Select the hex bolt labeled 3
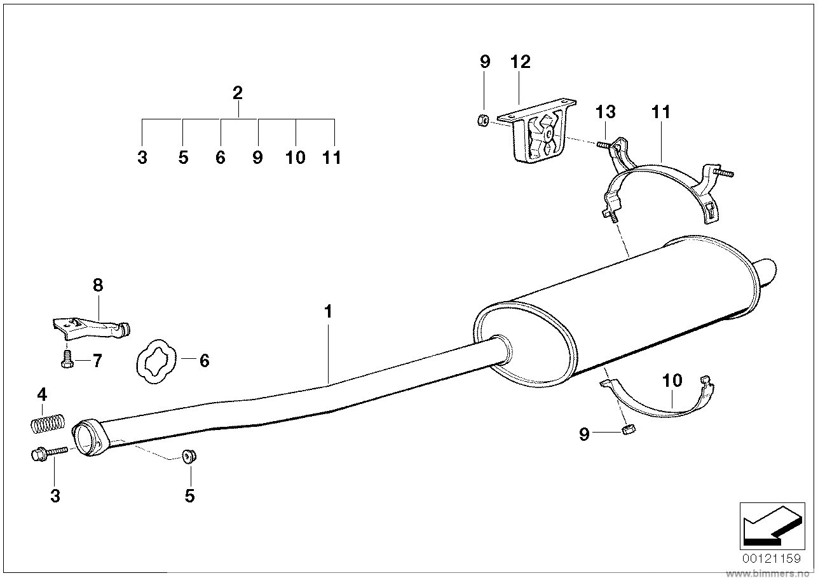[x=48, y=454]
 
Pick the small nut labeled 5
[x=189, y=457]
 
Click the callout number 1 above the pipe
[x=328, y=312]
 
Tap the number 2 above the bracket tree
[x=238, y=93]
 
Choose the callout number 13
[x=605, y=112]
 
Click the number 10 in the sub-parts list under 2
[x=296, y=158]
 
